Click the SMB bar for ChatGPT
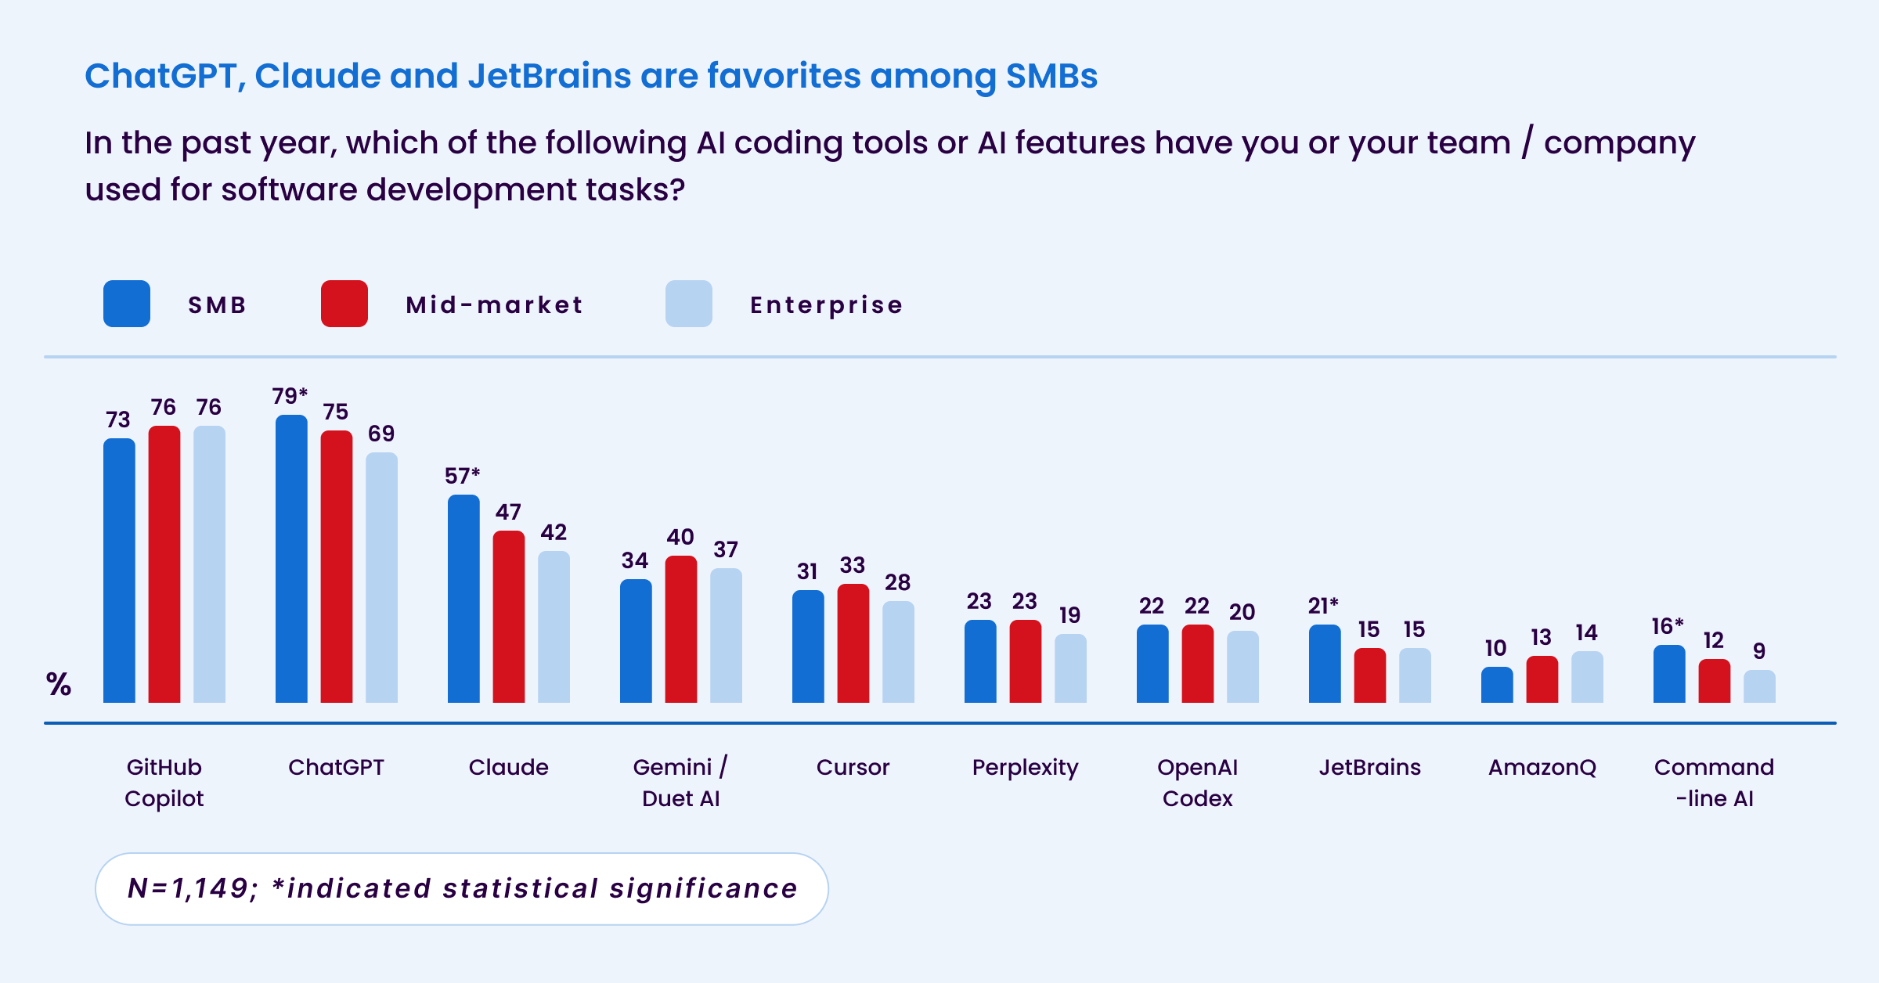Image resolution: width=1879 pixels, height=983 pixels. [291, 559]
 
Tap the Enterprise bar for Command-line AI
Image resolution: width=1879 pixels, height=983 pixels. [1759, 686]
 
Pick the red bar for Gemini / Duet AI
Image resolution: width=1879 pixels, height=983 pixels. [681, 629]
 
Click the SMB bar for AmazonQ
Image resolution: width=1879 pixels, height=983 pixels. [1497, 685]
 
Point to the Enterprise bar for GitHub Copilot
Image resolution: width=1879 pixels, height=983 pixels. [209, 564]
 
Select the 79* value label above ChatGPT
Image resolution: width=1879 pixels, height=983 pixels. [290, 396]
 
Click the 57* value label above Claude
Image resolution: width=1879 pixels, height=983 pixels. [462, 476]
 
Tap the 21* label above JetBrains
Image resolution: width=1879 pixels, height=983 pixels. [1323, 606]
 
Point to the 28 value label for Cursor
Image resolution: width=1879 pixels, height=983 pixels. [898, 582]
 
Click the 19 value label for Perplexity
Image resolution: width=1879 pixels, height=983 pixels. [1070, 615]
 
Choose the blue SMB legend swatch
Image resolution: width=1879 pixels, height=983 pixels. [127, 304]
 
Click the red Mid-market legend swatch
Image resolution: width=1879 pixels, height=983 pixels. [344, 304]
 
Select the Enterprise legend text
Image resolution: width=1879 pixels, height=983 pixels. [826, 304]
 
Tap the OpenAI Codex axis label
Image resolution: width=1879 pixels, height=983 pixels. [1198, 783]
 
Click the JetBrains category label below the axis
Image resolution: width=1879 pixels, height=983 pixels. [1370, 767]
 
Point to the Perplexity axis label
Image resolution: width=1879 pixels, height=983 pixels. [1026, 768]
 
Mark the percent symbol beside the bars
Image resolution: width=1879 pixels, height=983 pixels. [59, 684]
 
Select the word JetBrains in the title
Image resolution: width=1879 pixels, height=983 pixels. [550, 76]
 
